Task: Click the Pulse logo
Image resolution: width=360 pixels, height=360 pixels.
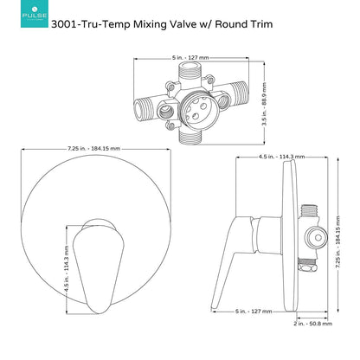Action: click(35, 14)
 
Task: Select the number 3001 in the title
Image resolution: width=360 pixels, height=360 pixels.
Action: click(63, 24)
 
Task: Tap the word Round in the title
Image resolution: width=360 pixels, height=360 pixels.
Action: click(232, 24)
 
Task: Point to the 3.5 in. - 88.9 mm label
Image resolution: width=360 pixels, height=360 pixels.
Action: click(264, 104)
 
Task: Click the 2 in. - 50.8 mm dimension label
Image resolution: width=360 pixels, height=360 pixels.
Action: click(313, 324)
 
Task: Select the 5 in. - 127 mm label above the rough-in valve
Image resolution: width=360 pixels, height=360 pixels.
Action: click(190, 58)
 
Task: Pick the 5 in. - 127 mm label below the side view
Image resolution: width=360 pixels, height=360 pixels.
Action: click(254, 312)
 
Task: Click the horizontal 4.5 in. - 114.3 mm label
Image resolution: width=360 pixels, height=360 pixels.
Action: click(281, 157)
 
